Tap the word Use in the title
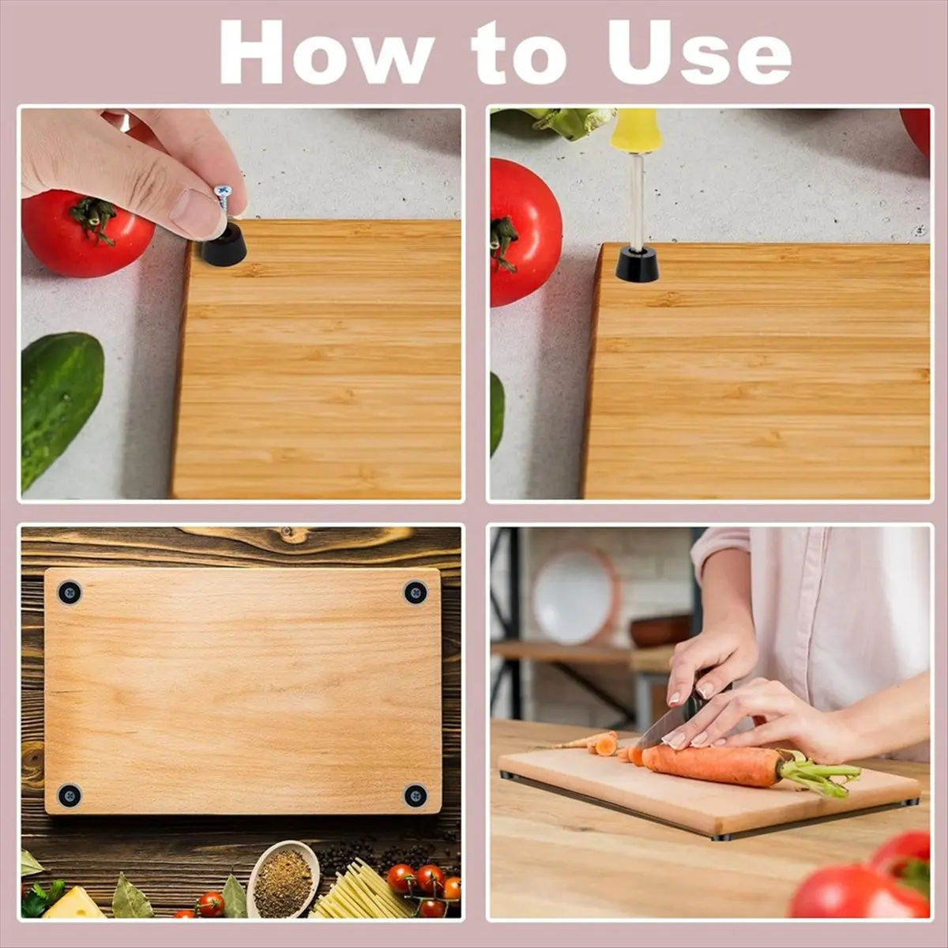pos(699,52)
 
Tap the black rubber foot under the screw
pos(224,245)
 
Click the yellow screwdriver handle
pos(636,131)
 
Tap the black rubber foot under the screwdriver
pos(637,265)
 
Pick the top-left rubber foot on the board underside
pos(70,592)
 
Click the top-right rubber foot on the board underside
pos(416,592)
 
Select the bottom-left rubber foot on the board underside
pos(70,795)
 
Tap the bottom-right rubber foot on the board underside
pos(416,795)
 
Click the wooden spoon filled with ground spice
pos(284,882)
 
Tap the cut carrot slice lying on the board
pos(606,744)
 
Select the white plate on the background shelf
pos(576,596)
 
